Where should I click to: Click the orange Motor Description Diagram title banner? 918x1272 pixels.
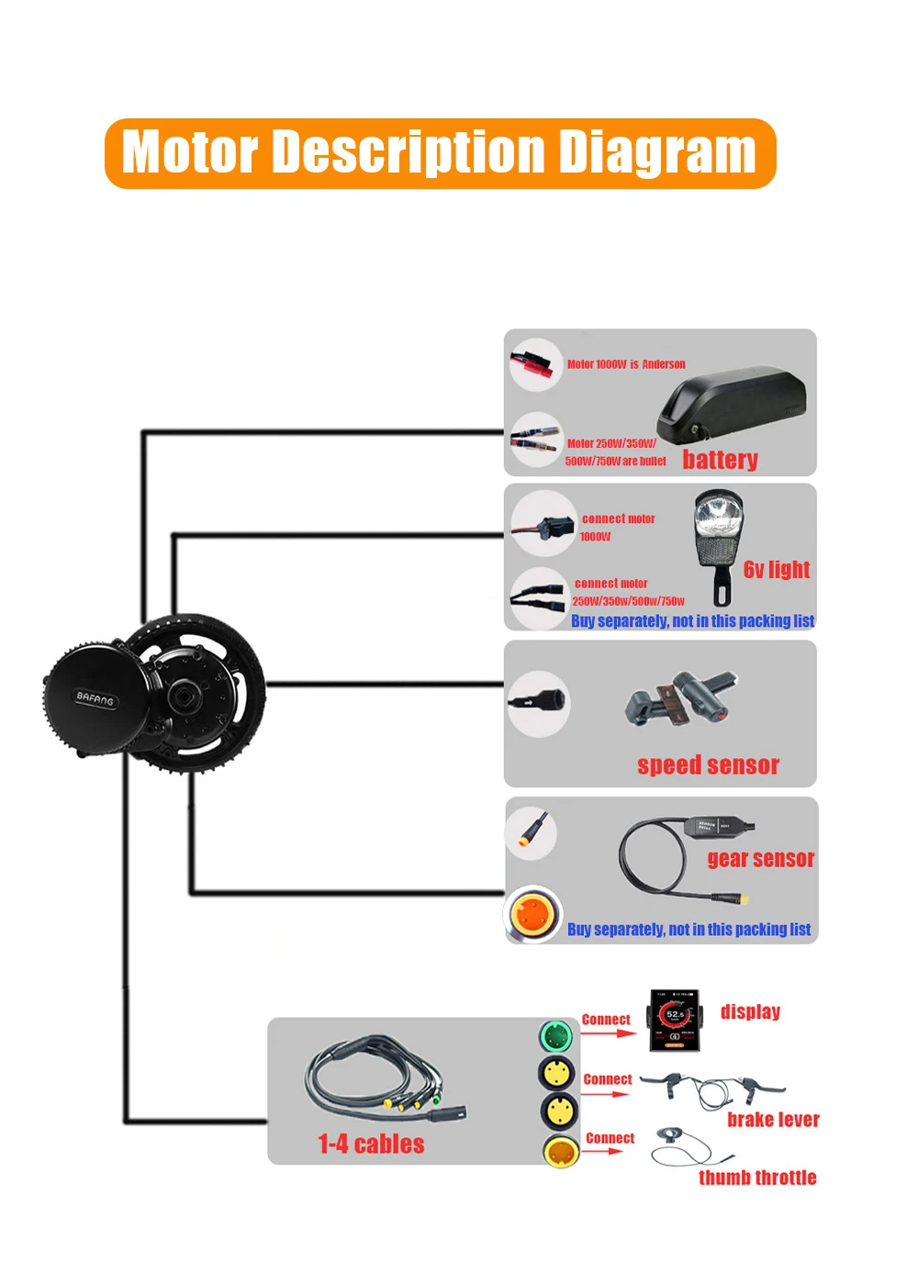pos(441,153)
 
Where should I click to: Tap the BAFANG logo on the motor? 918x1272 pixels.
pos(95,699)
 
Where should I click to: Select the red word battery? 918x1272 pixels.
pos(720,460)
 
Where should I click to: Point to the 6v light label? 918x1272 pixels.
pos(777,570)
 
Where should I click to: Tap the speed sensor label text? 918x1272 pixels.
pos(708,765)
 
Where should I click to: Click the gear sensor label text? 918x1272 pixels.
pos(760,859)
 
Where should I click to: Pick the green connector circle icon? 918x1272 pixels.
pos(556,1037)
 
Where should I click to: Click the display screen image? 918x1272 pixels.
pos(675,1020)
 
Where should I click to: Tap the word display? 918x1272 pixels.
pos(750,1011)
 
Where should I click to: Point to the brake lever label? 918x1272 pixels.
pos(773,1120)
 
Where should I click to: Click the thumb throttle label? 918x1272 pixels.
pos(757,1177)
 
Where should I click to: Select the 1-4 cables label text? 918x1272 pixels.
pos(371,1144)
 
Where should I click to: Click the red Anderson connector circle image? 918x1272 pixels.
pos(536,364)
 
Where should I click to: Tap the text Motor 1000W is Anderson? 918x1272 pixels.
pos(626,364)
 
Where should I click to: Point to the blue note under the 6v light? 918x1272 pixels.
pos(692,621)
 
